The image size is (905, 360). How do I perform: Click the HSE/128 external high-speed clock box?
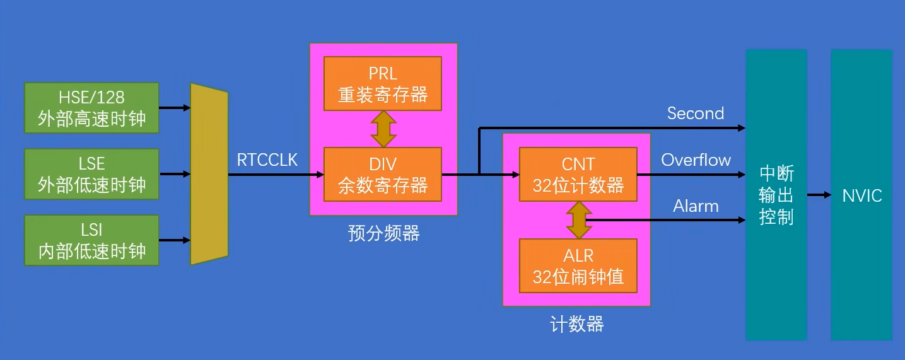point(91,108)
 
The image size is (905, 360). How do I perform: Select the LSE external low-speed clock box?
point(91,174)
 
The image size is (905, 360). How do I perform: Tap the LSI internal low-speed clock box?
point(91,240)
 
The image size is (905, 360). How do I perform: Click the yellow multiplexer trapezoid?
point(209,174)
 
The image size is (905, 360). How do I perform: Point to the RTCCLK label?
point(267,160)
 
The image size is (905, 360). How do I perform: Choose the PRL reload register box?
point(383,84)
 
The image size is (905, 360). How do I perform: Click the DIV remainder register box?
point(383,175)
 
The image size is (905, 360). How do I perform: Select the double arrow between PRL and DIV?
point(383,129)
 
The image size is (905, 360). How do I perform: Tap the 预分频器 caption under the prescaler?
point(383,234)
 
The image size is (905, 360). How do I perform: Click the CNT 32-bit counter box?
point(578,175)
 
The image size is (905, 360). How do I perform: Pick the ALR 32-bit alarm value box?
point(578,265)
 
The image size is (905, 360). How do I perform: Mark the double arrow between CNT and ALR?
point(578,220)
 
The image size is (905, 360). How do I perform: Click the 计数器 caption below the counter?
point(577,325)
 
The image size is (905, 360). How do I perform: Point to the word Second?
point(695,113)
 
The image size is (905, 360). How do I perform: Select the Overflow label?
point(696,160)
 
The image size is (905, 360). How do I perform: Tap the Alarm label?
point(696,206)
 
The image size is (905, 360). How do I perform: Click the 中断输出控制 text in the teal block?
point(776,195)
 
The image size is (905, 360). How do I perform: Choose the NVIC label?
point(862,195)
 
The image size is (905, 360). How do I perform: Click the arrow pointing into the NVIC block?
point(819,195)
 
